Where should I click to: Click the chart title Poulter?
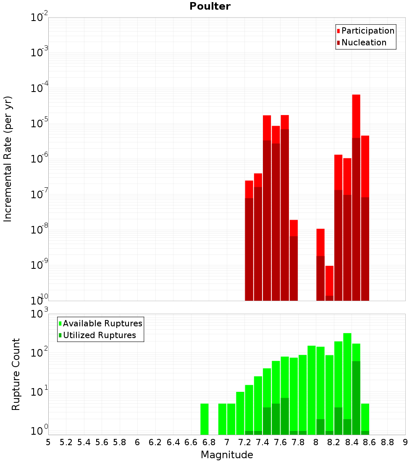pyautogui.click(x=210, y=6)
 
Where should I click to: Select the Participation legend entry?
pyautogui.click(x=365, y=31)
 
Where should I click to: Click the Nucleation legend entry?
pyautogui.click(x=362, y=42)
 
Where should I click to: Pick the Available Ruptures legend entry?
pyautogui.click(x=100, y=323)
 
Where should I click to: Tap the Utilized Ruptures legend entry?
pyautogui.click(x=97, y=335)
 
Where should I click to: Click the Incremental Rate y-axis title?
pyautogui.click(x=8, y=159)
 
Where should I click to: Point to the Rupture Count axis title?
pyautogui.click(x=16, y=374)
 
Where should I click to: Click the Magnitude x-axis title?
pyautogui.click(x=227, y=454)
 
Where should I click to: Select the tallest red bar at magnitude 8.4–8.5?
pyautogui.click(x=356, y=198)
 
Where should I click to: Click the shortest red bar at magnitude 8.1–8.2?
pyautogui.click(x=329, y=283)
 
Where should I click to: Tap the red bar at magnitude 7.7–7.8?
pyautogui.click(x=294, y=260)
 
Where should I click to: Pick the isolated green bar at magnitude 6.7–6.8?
pyautogui.click(x=204, y=419)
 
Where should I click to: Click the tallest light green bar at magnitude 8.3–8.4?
pyautogui.click(x=347, y=383)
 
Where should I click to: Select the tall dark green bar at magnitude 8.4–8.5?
pyautogui.click(x=356, y=398)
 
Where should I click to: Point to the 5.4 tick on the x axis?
pyautogui.click(x=84, y=443)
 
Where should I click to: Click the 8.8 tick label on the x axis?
pyautogui.click(x=387, y=443)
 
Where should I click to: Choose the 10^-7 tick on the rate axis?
pyautogui.click(x=39, y=194)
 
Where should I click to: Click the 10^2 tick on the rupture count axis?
pyautogui.click(x=39, y=352)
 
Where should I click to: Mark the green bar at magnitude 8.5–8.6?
pyautogui.click(x=365, y=419)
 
